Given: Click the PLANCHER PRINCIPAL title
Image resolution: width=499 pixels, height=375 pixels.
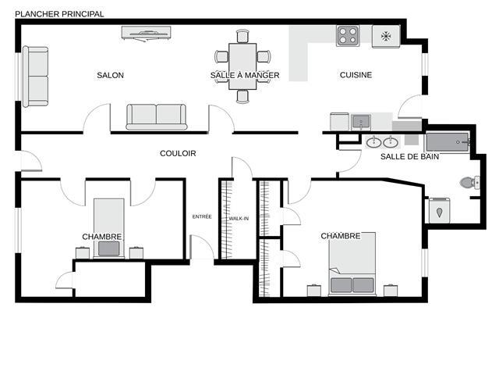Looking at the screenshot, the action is (59, 14).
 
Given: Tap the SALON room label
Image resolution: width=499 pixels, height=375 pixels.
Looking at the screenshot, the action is (110, 75).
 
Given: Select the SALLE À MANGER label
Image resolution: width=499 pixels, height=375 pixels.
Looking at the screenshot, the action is (245, 75).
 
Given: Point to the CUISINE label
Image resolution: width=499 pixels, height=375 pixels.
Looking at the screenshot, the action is (356, 75).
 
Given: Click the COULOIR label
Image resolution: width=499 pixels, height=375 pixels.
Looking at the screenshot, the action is (178, 153).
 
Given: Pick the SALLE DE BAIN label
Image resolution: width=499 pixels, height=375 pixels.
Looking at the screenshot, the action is (410, 156).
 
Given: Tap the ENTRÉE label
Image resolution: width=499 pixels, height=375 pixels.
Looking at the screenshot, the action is (202, 217).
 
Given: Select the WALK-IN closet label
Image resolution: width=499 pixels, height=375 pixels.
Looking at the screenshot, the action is (239, 219).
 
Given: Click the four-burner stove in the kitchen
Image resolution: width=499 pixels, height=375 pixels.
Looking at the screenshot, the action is (348, 36).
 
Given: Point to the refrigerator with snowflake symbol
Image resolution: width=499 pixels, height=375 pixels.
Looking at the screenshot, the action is (386, 37).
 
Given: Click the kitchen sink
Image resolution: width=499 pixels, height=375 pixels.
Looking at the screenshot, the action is (361, 122).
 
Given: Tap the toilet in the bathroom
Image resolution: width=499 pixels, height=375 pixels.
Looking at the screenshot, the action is (469, 182).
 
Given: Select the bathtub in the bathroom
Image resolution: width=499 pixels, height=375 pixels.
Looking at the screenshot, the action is (447, 142).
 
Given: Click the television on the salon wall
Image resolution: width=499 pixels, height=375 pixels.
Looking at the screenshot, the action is (147, 33).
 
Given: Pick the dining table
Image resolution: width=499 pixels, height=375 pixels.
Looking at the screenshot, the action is (242, 66).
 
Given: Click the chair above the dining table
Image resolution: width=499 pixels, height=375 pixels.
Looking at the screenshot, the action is (242, 36).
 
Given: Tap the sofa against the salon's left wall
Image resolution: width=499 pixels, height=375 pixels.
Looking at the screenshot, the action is (35, 77).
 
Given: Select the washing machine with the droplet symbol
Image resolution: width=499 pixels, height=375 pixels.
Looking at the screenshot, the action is (439, 210).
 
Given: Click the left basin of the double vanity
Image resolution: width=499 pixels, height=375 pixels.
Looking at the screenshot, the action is (373, 142).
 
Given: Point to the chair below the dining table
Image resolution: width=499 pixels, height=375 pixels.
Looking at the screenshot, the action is (242, 97).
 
